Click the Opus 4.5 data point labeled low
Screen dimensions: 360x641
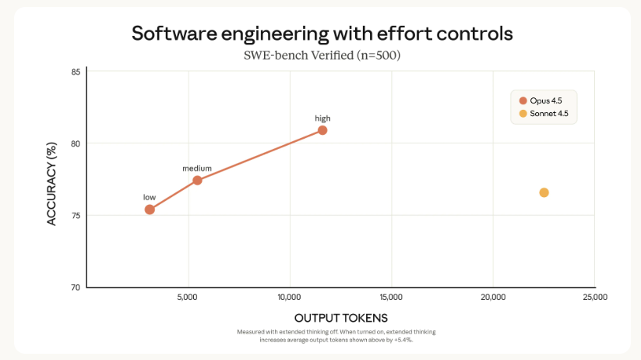[x=150, y=210]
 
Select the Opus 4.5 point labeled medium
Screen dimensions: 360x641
[x=197, y=180]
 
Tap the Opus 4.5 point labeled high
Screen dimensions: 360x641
[x=322, y=130]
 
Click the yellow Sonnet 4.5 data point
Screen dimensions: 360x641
[x=544, y=192]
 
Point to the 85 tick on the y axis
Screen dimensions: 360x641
[x=76, y=72]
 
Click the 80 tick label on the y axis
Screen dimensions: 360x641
[x=76, y=143]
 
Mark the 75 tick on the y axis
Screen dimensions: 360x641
[x=76, y=215]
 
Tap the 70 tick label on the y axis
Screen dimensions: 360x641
[x=76, y=288]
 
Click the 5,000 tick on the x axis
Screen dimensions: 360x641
[x=188, y=298]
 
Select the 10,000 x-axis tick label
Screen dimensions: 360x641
[x=289, y=298]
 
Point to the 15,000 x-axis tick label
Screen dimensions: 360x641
[x=391, y=298]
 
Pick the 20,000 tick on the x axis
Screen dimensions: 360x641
[x=493, y=298]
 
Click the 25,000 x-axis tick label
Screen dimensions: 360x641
[x=594, y=298]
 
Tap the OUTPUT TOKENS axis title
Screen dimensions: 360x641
[x=340, y=318]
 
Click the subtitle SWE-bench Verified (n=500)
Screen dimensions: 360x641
[x=321, y=55]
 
